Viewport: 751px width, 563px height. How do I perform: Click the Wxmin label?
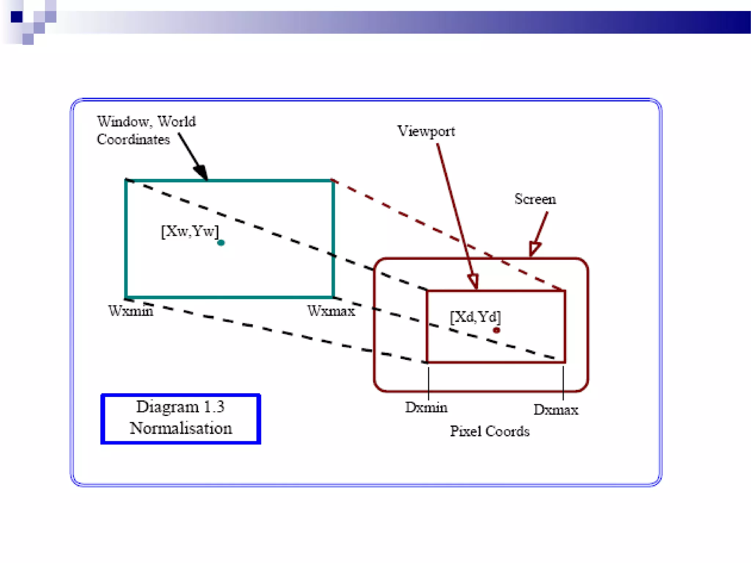[131, 311]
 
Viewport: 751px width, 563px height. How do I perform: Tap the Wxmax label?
[331, 311]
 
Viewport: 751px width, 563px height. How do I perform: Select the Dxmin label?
[426, 407]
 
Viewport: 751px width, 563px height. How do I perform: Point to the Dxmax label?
[556, 409]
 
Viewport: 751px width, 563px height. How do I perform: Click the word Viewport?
[426, 131]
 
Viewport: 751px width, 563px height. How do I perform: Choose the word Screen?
[535, 199]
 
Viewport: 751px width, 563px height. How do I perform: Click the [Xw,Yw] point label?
[190, 231]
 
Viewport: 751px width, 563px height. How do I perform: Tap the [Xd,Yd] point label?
[475, 317]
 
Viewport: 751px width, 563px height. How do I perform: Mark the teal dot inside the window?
[221, 243]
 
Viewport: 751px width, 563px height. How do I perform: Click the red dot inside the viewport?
[497, 330]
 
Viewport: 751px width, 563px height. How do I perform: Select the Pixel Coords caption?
[490, 431]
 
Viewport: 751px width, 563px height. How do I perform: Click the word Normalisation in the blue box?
[181, 428]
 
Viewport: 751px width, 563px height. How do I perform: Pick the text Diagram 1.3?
[180, 407]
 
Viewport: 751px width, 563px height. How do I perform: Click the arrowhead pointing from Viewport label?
[473, 281]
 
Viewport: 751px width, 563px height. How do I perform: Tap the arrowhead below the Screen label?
[535, 248]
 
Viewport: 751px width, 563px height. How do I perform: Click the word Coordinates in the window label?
[133, 140]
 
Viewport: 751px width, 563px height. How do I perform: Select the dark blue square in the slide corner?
[17, 17]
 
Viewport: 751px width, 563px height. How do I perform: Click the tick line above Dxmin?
[428, 383]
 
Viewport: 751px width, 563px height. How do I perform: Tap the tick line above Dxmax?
[563, 383]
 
